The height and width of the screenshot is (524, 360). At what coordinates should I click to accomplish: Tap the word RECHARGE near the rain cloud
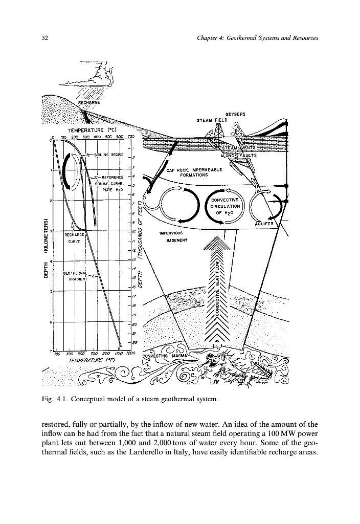89,102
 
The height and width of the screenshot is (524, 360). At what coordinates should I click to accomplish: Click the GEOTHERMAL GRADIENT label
76,276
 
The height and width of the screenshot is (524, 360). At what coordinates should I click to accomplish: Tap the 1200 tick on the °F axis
131,354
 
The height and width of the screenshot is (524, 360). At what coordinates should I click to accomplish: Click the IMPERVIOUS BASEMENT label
173,236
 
